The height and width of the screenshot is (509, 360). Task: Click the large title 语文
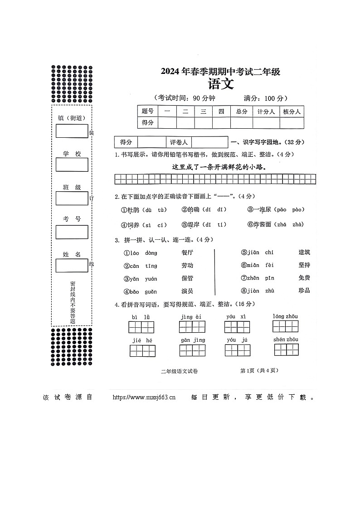point(221,85)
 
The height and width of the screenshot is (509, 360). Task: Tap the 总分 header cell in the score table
point(241,111)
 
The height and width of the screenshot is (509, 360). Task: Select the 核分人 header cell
point(292,111)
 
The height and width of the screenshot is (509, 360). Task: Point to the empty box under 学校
point(72,165)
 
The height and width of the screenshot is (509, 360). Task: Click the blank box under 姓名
point(72,266)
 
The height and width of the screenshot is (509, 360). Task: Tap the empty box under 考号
point(72,232)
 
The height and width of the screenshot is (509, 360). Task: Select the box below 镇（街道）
point(72,131)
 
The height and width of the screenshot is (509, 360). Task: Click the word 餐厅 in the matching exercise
point(187,252)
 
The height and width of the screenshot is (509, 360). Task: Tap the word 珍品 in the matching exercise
point(304,291)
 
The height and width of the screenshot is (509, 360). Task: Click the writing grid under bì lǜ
point(141,327)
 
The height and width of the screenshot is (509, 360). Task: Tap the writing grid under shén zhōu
point(286,349)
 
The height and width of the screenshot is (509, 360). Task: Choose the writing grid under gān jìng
point(192,350)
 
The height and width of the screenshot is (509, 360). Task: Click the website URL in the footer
point(143,398)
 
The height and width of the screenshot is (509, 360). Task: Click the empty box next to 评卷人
point(210,142)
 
